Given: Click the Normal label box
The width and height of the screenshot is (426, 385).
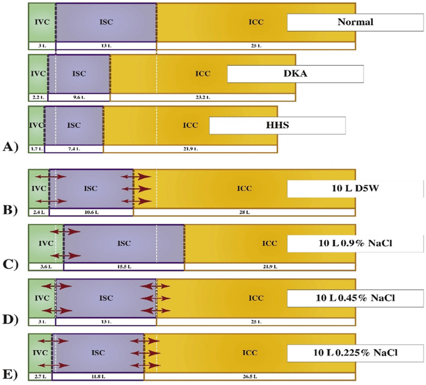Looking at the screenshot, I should coord(355,22).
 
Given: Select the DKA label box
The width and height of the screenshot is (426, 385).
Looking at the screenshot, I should coord(295,74).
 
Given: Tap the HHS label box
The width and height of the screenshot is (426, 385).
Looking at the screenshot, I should coord(277,125).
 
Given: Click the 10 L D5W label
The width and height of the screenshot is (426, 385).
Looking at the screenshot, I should coord(355,188).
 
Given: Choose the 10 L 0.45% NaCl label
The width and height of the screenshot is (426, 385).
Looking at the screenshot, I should coord(355,298).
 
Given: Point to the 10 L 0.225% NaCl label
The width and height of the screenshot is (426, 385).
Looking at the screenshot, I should coord(355,353).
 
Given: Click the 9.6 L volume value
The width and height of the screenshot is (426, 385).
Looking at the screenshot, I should coord(79,98).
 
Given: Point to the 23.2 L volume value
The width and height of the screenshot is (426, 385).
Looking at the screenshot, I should coord(202,98).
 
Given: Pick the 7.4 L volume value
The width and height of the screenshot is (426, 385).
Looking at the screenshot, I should coord(74,148).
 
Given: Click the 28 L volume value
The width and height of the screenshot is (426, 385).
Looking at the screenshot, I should coord(244,212).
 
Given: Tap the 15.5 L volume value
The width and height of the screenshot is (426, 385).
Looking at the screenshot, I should coord(124,267).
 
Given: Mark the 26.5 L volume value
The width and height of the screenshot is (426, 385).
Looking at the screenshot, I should coord(249,376).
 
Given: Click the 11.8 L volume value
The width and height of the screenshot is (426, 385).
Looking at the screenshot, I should coord(98,376).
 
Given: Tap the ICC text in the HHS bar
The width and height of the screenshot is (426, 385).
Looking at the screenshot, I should coord(190,125).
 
